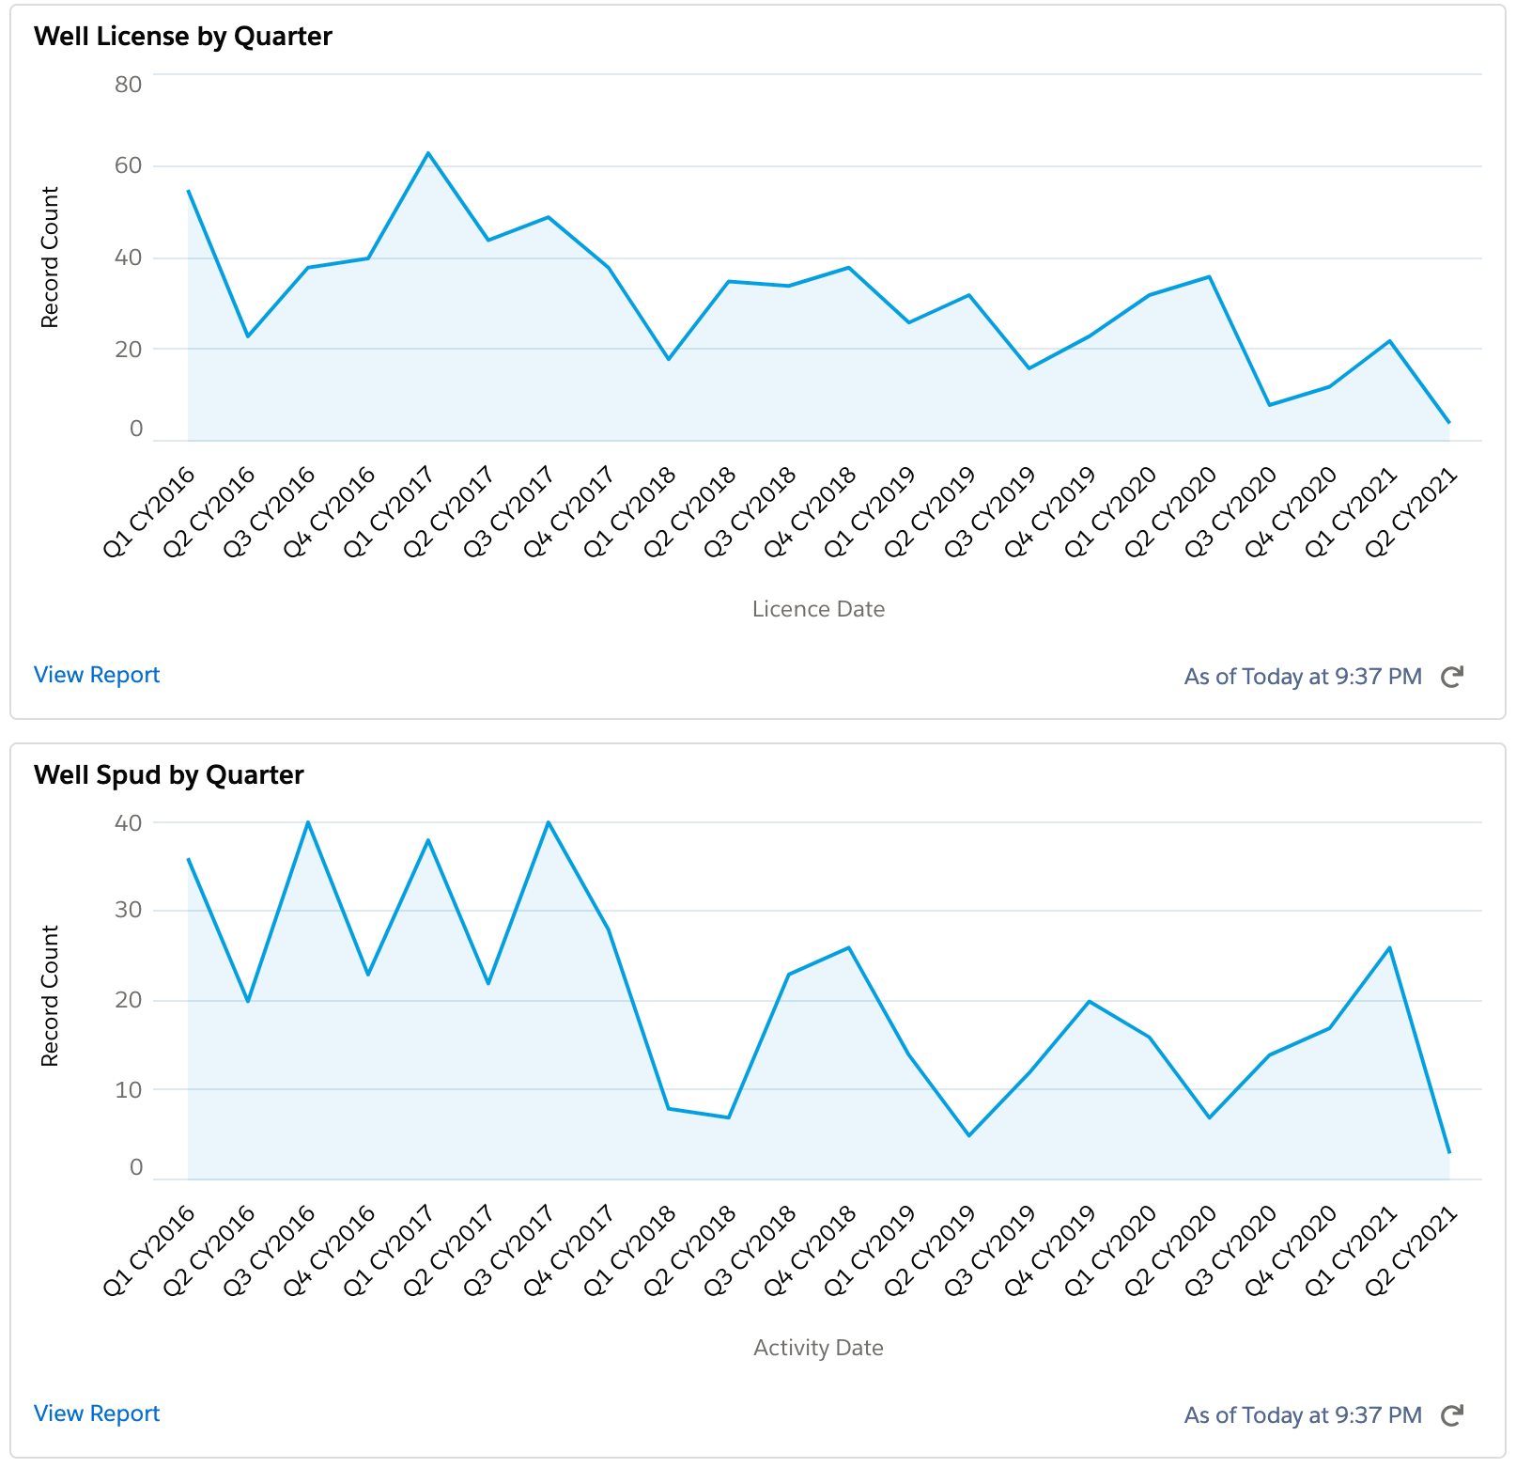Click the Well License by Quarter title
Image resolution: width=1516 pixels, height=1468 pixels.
(183, 37)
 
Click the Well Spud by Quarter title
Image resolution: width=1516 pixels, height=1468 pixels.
(169, 775)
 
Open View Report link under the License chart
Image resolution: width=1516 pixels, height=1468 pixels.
(97, 675)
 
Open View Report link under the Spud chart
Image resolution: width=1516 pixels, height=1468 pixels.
(97, 1413)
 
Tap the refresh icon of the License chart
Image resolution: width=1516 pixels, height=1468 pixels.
(1452, 677)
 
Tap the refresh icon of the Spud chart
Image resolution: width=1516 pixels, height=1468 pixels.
(1452, 1415)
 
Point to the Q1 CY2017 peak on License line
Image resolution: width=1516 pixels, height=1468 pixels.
(428, 153)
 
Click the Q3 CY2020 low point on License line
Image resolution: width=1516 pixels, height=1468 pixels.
(1270, 405)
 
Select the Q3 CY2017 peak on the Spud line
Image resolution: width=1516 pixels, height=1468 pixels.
(549, 822)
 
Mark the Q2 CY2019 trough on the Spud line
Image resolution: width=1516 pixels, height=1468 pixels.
(969, 1135)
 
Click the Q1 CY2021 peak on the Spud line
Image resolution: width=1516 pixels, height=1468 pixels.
(1389, 947)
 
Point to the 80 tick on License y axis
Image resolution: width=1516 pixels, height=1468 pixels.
(128, 85)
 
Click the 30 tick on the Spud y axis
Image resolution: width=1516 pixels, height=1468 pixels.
(128, 910)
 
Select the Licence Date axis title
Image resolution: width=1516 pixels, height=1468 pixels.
(818, 609)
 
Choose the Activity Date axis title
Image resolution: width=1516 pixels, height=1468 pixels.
(818, 1348)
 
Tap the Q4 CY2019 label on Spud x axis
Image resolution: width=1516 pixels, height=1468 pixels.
(1051, 1251)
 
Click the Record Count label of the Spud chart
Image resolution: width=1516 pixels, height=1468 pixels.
(50, 996)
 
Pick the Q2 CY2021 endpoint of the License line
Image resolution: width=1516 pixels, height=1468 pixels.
(1449, 423)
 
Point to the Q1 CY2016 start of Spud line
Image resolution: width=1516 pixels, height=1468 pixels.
(189, 859)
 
